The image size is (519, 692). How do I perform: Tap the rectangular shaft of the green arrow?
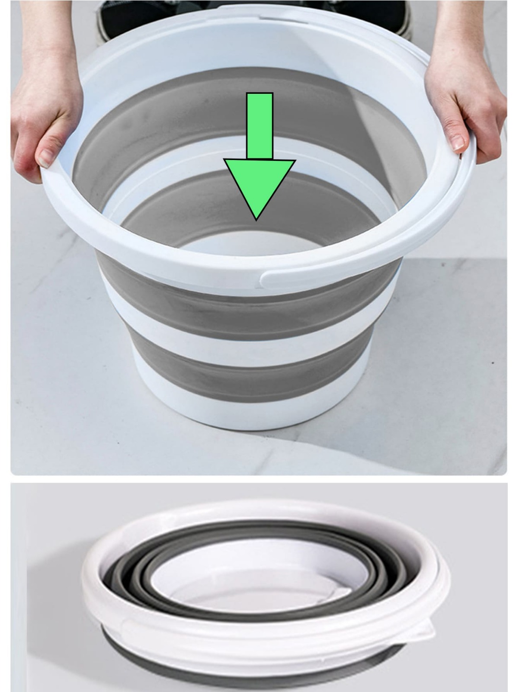click(x=259, y=125)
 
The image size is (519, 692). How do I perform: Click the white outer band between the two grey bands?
click(x=242, y=335)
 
